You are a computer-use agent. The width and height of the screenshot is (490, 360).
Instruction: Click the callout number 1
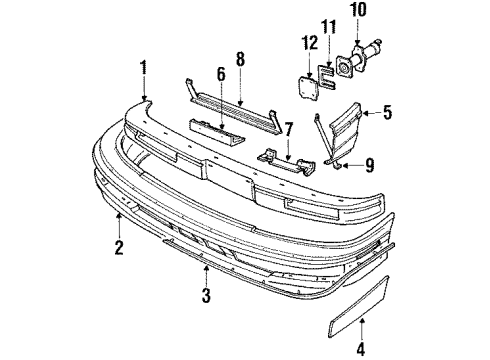[x=144, y=68]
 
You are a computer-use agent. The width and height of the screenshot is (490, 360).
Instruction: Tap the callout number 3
[x=204, y=296]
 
